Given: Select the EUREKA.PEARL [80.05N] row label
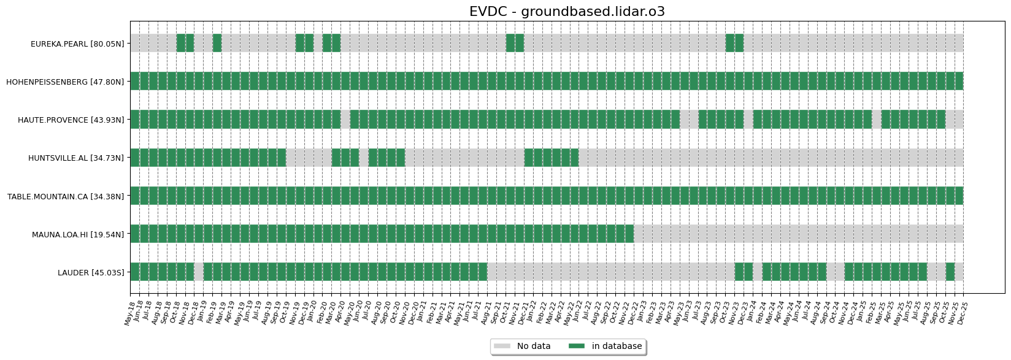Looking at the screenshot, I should [x=77, y=44].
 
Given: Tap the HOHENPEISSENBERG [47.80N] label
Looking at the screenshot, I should [x=65, y=82].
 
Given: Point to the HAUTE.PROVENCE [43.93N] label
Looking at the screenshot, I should [x=71, y=120].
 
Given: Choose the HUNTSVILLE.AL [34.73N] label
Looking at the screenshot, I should [x=75, y=158].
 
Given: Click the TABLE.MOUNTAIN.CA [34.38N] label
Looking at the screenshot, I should [x=66, y=196].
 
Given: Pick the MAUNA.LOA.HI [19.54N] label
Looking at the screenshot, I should [x=78, y=234].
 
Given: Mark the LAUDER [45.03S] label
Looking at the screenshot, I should [x=91, y=272].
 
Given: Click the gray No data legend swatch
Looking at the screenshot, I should [x=502, y=347].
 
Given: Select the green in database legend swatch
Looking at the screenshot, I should [x=577, y=347].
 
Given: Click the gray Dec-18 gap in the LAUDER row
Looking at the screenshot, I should [x=199, y=272].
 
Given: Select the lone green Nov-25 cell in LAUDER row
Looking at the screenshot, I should [x=950, y=272].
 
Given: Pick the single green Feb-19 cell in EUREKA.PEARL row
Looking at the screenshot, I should [x=217, y=43].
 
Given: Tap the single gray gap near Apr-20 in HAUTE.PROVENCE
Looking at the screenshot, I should [x=345, y=119].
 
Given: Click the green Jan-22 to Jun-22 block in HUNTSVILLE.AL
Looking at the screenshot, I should [x=552, y=158].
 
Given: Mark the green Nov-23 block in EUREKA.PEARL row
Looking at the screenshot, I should [x=734, y=43].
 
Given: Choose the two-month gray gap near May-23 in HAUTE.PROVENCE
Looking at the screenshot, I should [x=689, y=119].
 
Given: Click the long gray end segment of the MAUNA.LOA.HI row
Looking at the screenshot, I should [x=798, y=234].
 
